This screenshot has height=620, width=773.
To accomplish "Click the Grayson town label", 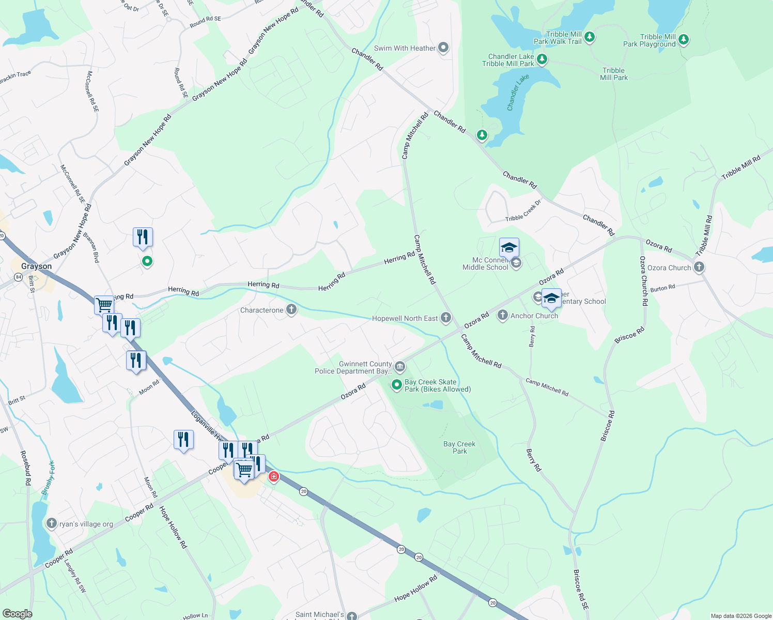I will point(36,266).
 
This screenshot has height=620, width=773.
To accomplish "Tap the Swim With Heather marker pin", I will point(443,48).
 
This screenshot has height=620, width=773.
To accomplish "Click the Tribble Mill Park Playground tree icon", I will point(683,39).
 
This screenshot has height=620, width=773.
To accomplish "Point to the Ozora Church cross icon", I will point(699,267).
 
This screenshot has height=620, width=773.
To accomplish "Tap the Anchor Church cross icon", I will point(502,315).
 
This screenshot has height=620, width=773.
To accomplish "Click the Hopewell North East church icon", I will point(445,318).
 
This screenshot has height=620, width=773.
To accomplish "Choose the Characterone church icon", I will point(291,310).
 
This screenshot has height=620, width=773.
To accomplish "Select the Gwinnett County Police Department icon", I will point(399,367).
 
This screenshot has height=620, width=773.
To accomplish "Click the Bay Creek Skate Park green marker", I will point(396,385).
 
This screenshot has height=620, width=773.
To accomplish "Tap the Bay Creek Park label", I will point(459,447).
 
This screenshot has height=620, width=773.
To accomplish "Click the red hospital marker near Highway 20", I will point(274,477).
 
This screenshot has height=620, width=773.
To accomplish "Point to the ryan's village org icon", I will point(51,523).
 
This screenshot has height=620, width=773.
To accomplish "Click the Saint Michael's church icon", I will point(351,616).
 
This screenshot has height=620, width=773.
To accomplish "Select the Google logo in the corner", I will point(17,614).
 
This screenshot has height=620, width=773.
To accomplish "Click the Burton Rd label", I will point(662,288).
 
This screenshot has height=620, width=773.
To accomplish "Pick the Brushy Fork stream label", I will point(48,478).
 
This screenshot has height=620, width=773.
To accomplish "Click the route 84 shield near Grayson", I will point(19,277).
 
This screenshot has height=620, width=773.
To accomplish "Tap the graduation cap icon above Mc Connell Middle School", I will point(509,247).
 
